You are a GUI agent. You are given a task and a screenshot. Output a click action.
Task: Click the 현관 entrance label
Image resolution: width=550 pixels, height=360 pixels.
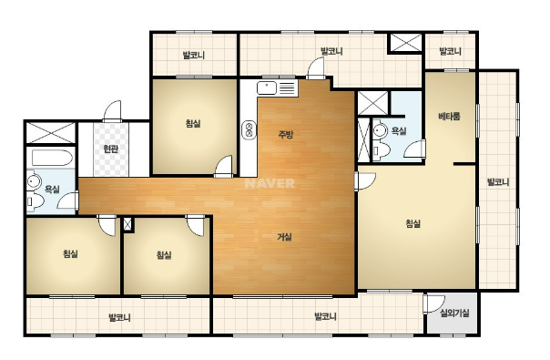pyautogui.click(x=111, y=149)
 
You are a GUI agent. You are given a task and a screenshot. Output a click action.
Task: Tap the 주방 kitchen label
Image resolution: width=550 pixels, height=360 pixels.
pyautogui.click(x=286, y=135)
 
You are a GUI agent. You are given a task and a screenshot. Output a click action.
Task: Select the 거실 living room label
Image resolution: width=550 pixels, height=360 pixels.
pyautogui.click(x=284, y=237)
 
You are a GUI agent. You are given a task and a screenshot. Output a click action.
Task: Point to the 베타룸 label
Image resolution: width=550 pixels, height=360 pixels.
pyautogui.click(x=449, y=117)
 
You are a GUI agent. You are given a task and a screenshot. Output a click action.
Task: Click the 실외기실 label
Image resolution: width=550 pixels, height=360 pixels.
pyautogui.click(x=454, y=313)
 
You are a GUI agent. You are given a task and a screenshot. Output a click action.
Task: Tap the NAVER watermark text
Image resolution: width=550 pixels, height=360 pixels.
pyautogui.click(x=270, y=183)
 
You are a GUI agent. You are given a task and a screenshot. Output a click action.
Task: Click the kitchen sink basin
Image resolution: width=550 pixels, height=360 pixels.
pyautogui.click(x=267, y=87)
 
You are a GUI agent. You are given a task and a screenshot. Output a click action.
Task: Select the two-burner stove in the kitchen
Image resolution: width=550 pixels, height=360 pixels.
pyautogui.click(x=249, y=130)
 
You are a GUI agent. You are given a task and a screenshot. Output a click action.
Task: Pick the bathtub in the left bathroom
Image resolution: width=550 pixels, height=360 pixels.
pyautogui.click(x=52, y=158)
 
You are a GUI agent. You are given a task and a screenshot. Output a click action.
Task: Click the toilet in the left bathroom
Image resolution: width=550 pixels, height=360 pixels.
pyautogui.click(x=36, y=201)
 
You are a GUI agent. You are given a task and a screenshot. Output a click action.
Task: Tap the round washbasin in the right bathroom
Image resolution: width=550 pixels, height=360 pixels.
pyautogui.click(x=379, y=131)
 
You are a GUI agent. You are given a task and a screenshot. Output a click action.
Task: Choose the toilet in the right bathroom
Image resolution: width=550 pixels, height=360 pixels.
pyautogui.click(x=382, y=151)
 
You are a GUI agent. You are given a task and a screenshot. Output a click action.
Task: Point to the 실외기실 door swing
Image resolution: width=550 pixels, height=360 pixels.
pyautogui.click(x=433, y=304)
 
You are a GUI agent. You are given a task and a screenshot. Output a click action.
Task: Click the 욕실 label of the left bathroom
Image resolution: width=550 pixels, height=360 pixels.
pyautogui.click(x=52, y=190)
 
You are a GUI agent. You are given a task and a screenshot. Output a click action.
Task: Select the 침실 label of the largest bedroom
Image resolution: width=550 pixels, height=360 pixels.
pyautogui.click(x=413, y=223)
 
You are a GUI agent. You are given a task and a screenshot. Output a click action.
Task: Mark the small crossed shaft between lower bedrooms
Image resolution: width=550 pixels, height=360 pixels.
pyautogui.click(x=127, y=224)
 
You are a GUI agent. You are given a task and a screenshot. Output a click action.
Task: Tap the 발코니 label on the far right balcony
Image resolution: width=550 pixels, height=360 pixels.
pyautogui.click(x=498, y=182)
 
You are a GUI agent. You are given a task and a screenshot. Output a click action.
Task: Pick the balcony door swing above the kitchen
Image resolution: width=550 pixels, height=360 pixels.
pyautogui.click(x=316, y=68)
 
